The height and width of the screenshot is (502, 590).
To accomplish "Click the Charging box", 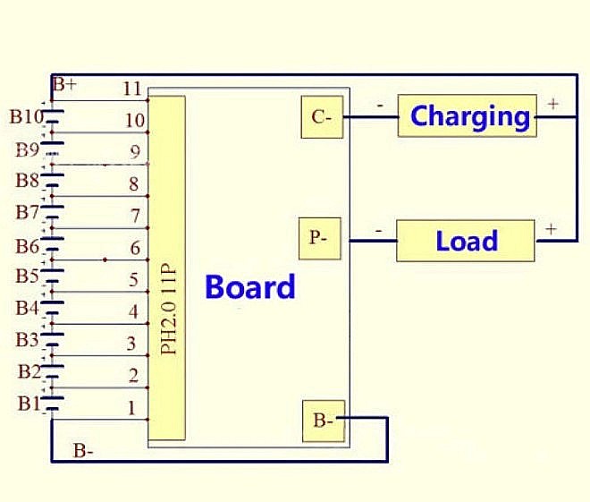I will tap(468, 115).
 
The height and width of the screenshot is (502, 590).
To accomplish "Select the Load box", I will tap(466, 241).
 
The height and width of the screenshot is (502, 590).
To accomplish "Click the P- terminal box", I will tap(319, 238).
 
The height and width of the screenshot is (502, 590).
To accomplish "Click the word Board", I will tap(249, 287).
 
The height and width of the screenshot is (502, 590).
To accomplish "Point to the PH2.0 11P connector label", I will tap(167, 309).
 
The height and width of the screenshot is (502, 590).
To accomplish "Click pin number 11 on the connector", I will tap(133, 89).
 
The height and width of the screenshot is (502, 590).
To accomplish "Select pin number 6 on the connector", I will tap(135, 248).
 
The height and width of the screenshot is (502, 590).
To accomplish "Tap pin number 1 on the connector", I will tap(132, 408).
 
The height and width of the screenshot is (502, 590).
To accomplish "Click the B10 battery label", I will tap(26, 116).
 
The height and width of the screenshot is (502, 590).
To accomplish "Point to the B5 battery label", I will tap(27, 276).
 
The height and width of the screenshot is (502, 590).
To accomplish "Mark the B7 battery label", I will tap(27, 212).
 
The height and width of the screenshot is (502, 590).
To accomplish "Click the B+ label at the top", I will tap(64, 86).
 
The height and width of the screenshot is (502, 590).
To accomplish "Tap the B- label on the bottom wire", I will tap(84, 451).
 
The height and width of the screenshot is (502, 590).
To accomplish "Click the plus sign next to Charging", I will tap(552, 104).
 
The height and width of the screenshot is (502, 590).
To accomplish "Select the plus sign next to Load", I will tap(551, 229).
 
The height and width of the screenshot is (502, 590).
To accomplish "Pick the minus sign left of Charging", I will tap(381, 105).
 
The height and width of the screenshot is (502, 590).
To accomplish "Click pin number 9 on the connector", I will tap(135, 152).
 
